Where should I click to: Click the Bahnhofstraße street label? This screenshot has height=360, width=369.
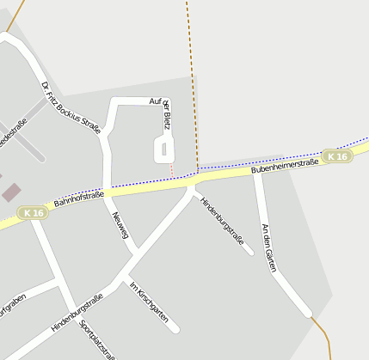(x=78, y=199)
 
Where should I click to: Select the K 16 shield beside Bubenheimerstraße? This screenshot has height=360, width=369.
(x=338, y=156)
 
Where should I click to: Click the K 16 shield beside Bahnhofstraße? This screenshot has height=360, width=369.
(x=34, y=212)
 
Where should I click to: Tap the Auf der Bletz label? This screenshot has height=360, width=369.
(x=163, y=111)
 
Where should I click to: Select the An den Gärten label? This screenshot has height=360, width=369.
(x=270, y=247)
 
